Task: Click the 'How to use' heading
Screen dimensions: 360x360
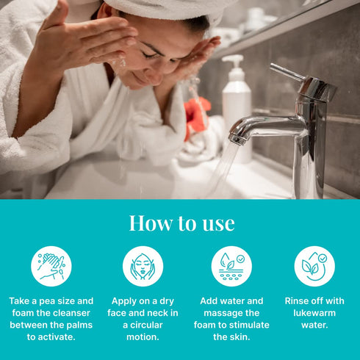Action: [181, 223]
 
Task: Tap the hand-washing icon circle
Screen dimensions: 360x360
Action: [51, 267]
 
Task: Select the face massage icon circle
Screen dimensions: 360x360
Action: [143, 267]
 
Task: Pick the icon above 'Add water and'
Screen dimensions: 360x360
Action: [231, 267]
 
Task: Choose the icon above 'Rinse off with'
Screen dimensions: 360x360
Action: [314, 267]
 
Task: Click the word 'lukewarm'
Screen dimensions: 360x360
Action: [314, 313]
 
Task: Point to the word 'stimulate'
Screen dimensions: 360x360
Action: [248, 325]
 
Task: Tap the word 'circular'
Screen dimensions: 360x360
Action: [146, 325]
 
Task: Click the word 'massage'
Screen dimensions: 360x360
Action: [221, 313]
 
